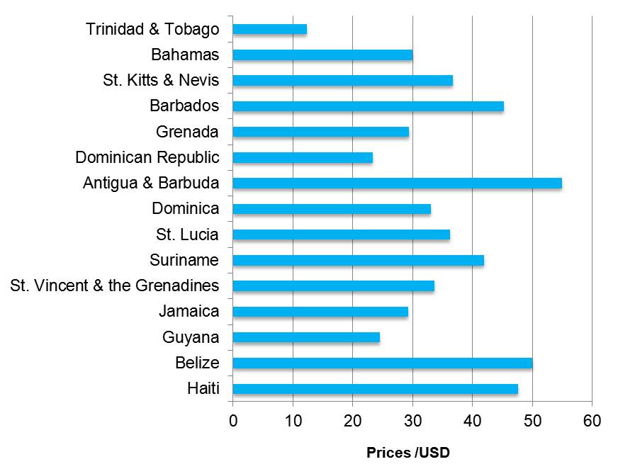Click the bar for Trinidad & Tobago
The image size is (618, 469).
tap(269, 29)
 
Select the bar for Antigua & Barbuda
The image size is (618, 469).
tap(397, 183)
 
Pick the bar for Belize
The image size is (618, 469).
tap(382, 363)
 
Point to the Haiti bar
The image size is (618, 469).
tap(375, 389)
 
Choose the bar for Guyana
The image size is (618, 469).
tap(306, 337)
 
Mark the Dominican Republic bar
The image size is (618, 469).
tap(303, 157)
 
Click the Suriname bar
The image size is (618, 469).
tap(358, 260)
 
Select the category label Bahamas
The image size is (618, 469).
tap(185, 55)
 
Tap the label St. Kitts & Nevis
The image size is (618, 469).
tap(161, 81)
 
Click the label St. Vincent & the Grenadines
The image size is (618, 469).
tap(115, 286)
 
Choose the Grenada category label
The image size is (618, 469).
tap(187, 132)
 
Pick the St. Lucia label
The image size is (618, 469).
tap(187, 234)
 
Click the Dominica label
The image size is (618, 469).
tap(185, 209)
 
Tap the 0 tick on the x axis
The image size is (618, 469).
tap(233, 421)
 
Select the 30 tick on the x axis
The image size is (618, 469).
tap(412, 421)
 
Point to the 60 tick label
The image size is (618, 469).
tap(592, 421)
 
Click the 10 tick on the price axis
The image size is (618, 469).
tap(293, 421)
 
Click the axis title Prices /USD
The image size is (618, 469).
tap(408, 453)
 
